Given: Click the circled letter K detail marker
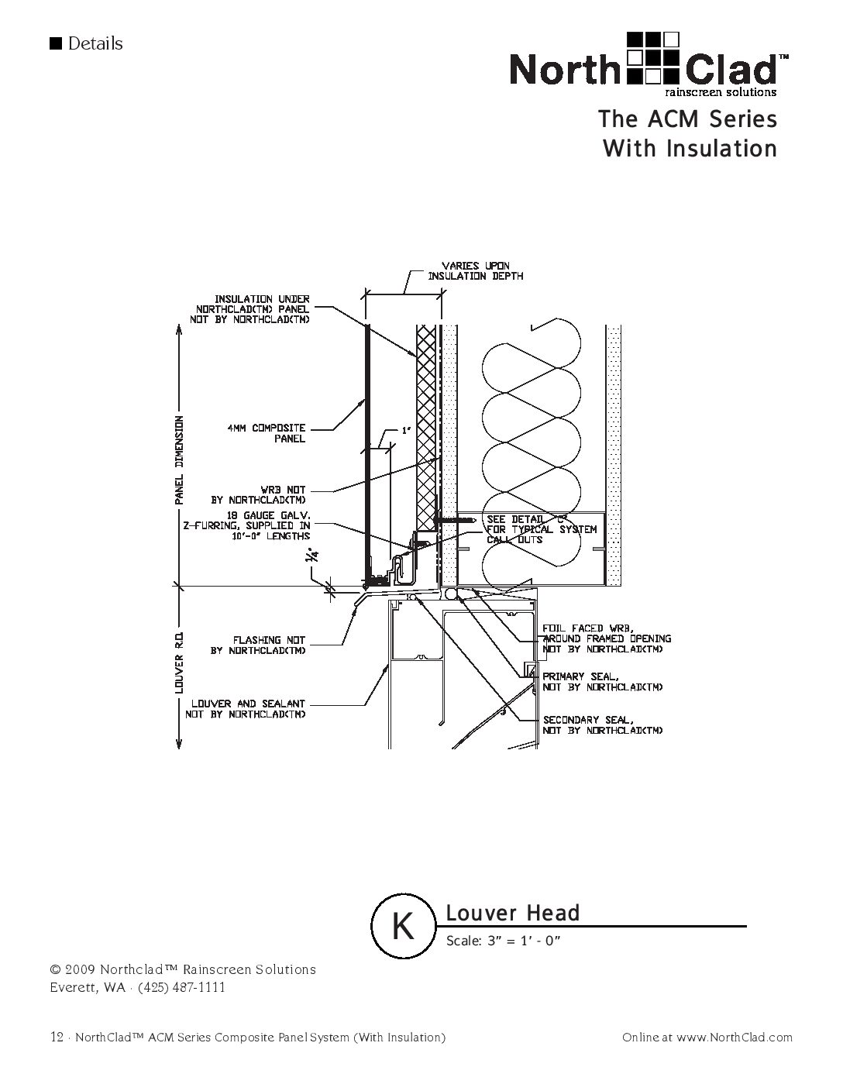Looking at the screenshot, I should pos(403,926).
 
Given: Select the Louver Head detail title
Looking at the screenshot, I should pos(512,914).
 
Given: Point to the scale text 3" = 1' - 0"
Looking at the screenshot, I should pos(503,941).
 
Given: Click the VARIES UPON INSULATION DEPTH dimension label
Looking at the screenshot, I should pos(476,271).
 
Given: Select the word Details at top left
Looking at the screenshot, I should pos(95,43).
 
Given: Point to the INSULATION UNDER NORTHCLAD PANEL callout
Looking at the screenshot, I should pos(251,308).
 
